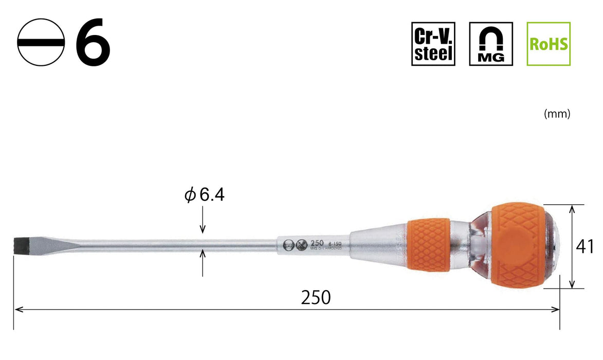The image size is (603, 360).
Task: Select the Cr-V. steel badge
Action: coord(433,44)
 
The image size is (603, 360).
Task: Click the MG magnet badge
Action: coord(491,44)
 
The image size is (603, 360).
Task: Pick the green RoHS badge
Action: coord(549,44)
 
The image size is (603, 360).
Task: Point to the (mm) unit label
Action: coord(557,114)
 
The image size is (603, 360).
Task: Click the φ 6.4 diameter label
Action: coord(205,195)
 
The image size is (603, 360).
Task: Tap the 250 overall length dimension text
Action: coord(316,297)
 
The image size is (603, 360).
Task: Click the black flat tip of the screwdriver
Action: coord(19,244)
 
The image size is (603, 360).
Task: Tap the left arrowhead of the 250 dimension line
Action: coord(19,310)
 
